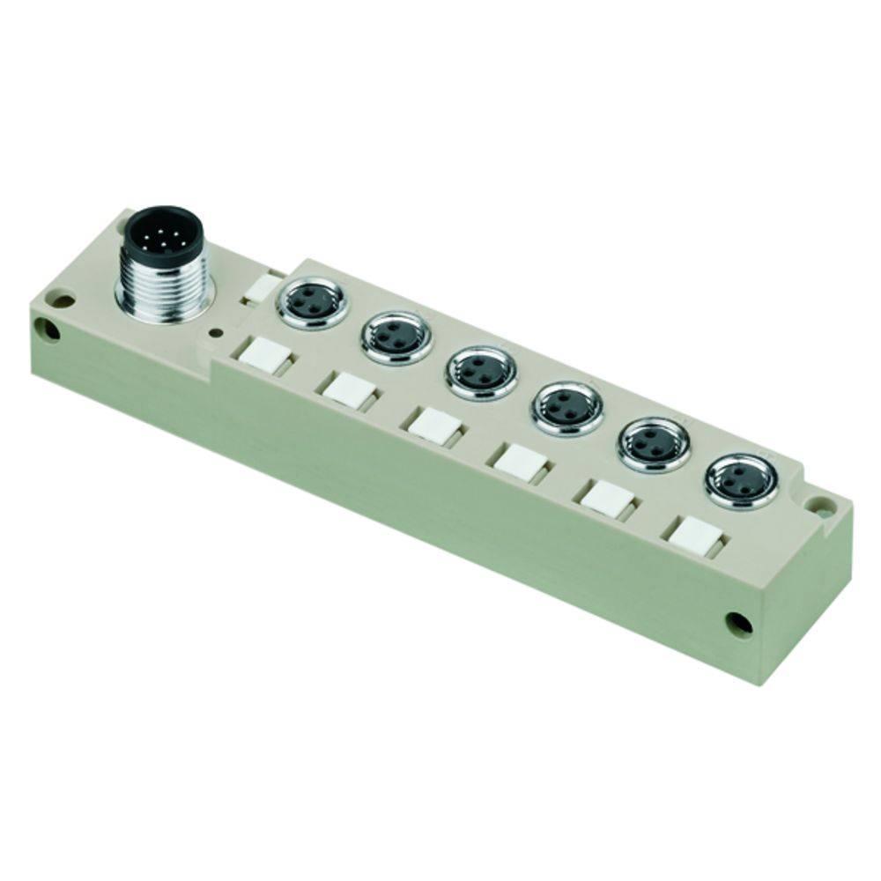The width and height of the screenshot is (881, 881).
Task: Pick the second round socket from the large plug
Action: coord(396,337)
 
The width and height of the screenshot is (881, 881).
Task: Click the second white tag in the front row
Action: coord(343,387)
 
